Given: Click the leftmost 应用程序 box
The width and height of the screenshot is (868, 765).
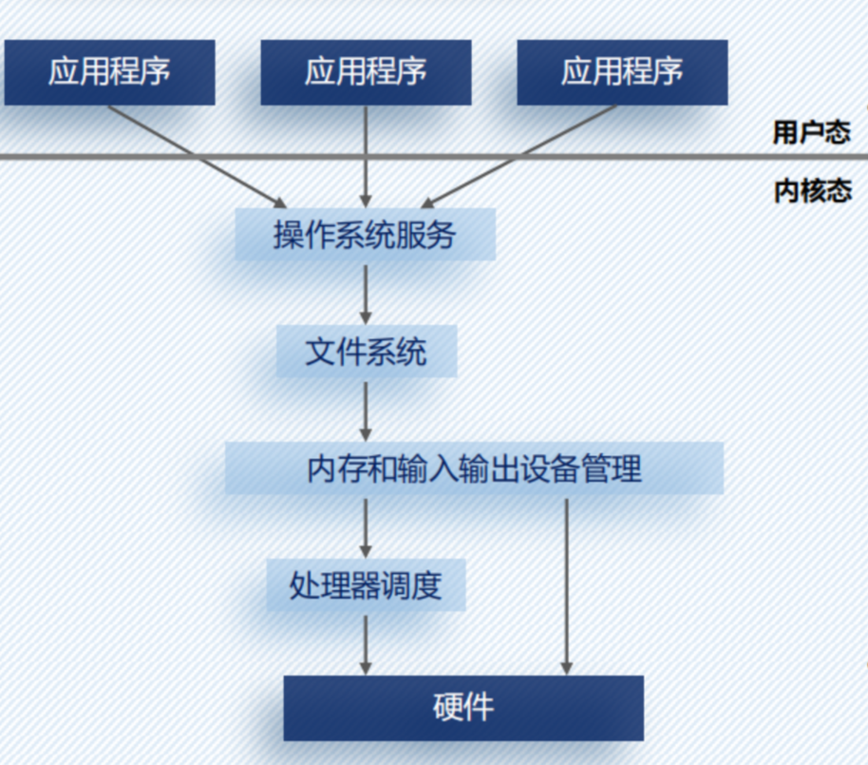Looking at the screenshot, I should (x=109, y=72).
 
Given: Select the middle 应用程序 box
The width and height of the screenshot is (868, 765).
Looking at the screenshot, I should (x=366, y=72).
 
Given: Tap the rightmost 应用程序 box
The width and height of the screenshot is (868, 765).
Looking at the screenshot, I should (x=622, y=72).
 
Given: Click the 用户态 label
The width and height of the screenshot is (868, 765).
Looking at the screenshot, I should (x=811, y=132).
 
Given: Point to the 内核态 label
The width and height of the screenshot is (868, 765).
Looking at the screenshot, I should (x=812, y=191).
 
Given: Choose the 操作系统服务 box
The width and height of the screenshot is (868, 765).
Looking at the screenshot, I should (x=366, y=235).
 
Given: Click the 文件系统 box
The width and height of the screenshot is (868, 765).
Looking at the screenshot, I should (x=366, y=353).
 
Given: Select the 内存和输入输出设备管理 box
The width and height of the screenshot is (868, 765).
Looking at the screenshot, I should (x=474, y=469).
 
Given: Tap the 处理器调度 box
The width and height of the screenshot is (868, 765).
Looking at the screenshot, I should (x=366, y=584).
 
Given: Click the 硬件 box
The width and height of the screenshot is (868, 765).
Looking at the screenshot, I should (x=463, y=708).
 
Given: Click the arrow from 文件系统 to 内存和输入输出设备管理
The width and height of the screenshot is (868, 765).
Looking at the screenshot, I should (x=366, y=410).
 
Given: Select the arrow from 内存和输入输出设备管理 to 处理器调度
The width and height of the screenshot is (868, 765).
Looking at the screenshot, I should (x=366, y=526).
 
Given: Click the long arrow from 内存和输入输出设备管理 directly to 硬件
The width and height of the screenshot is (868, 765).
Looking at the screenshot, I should (x=567, y=585).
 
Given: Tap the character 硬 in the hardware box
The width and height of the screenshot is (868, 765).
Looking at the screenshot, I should (x=447, y=708).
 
